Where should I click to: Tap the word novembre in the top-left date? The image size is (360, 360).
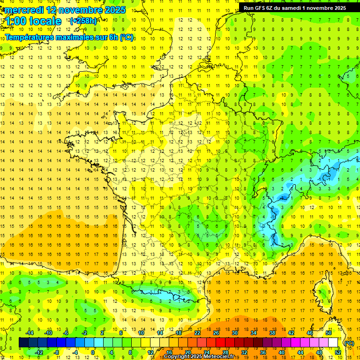[81, 10]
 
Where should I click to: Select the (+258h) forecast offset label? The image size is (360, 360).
[83, 21]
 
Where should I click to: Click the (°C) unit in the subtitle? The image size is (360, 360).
[127, 37]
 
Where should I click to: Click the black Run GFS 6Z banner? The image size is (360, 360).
[295, 7]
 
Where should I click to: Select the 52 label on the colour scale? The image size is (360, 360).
[338, 352]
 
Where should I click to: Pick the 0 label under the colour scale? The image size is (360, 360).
[93, 352]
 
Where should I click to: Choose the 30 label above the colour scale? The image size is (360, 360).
[234, 333]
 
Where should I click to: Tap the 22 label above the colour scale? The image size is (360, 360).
[197, 333]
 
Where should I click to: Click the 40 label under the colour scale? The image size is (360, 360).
[282, 352]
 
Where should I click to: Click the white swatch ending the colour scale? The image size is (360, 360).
[333, 342]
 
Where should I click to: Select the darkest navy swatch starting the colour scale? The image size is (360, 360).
[23, 342]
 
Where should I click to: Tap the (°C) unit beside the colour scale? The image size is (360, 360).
[349, 343]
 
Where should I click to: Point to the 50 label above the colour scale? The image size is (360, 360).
[329, 333]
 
